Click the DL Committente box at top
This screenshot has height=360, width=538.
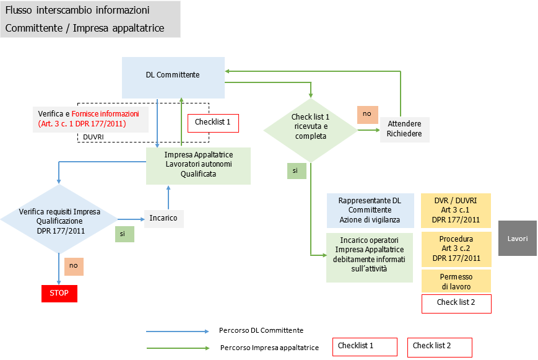tap(173, 75)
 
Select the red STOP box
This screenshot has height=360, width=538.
tap(59, 292)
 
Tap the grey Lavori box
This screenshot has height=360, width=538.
tap(517, 238)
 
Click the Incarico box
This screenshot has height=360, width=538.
tap(163, 218)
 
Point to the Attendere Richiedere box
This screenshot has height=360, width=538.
tap(404, 128)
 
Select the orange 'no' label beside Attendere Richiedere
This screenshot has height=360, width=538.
tap(367, 115)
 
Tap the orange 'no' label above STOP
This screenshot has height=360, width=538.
tap(74, 266)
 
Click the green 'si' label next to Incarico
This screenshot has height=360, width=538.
tap(124, 234)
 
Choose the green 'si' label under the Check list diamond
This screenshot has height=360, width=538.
tap(296, 170)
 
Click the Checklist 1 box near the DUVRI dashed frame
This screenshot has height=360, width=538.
tap(212, 123)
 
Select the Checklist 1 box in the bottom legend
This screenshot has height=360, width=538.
tap(364, 346)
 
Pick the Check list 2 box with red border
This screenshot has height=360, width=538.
tap(439, 346)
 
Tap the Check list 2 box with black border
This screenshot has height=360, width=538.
tap(456, 303)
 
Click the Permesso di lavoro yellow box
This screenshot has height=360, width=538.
tap(456, 281)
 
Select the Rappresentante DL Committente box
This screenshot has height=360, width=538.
tap(370, 210)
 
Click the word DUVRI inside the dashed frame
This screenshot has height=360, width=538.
tap(93, 137)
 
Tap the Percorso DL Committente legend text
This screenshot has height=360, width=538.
tap(261, 330)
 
